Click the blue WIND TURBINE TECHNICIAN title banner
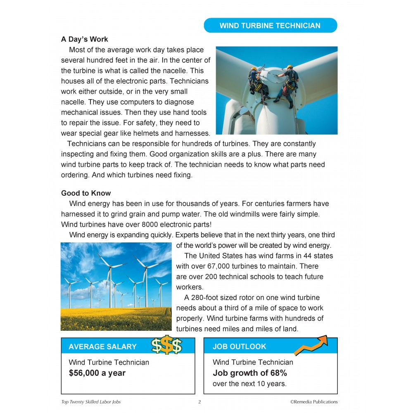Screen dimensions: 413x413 pyautogui.click(x=270, y=26)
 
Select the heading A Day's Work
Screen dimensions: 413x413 pyautogui.click(x=85, y=39)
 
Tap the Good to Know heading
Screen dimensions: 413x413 pyautogui.click(x=86, y=193)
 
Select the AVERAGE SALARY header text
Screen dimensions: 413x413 pyautogui.click(x=102, y=347)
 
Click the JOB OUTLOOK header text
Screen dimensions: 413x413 pyautogui.click(x=240, y=347)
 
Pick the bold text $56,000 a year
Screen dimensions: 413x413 pyautogui.click(x=97, y=373)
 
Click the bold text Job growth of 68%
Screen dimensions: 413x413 pyautogui.click(x=250, y=373)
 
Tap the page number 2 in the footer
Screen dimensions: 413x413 pyautogui.click(x=199, y=402)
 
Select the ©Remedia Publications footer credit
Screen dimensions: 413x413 pyautogui.click(x=314, y=402)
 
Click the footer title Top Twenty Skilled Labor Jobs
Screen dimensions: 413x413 pyautogui.click(x=91, y=402)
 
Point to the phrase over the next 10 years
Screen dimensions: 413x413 pyautogui.click(x=249, y=384)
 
